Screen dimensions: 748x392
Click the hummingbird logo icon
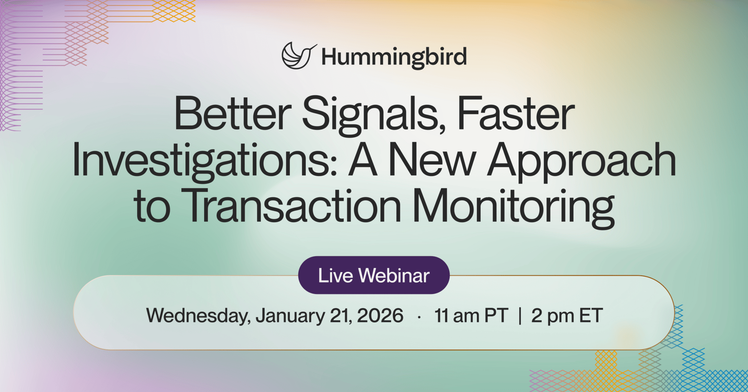tap(298, 56)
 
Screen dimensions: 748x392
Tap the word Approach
tap(582, 162)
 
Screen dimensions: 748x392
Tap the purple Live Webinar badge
tap(374, 275)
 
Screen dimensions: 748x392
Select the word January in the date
tap(290, 316)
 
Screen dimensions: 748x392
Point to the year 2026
tap(380, 315)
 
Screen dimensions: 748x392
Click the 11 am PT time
tap(471, 316)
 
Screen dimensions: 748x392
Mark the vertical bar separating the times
tap(520, 316)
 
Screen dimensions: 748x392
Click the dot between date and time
tap(419, 318)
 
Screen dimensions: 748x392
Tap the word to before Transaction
tap(152, 207)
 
